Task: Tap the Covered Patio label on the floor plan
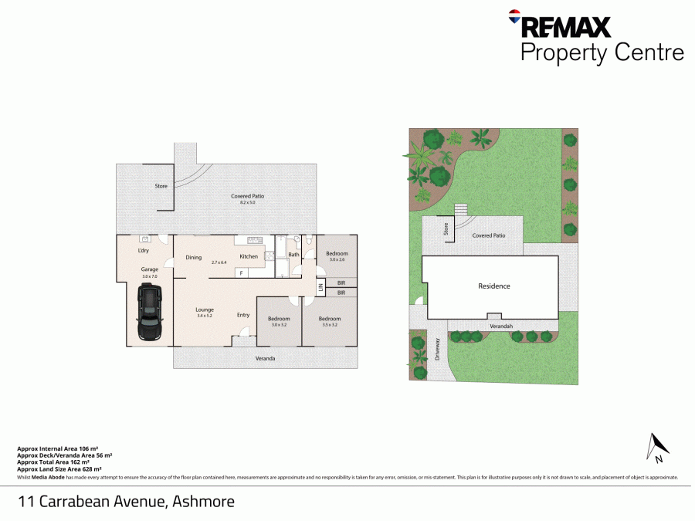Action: pos(248,196)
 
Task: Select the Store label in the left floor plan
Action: pos(161,186)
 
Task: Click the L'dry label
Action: pos(143,251)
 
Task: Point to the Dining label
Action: pos(193,257)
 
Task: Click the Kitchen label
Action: pos(248,256)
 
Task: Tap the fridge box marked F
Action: pos(241,273)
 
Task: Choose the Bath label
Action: pos(293,254)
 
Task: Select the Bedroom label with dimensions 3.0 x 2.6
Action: pos(337,253)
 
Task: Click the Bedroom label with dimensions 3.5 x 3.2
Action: pos(329,319)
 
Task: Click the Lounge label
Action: pos(204,310)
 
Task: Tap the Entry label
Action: pos(243,314)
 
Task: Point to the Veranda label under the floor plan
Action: pos(266,358)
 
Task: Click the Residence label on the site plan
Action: pos(493,286)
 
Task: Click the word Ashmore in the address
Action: pos(203,502)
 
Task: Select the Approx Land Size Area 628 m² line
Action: pos(59,469)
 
